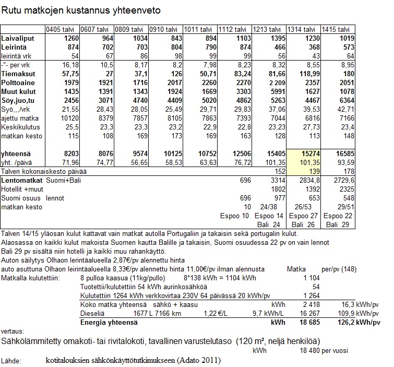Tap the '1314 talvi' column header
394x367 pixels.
(302, 30)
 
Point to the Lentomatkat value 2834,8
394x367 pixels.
(303, 180)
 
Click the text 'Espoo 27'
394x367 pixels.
(302, 216)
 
